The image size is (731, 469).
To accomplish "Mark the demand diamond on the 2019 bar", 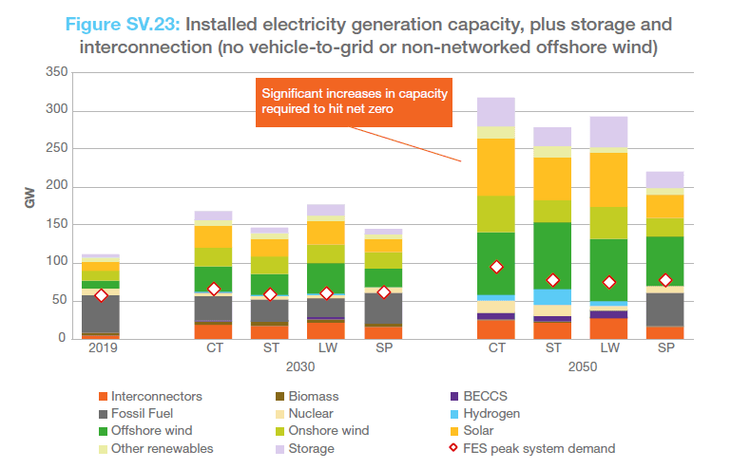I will [101, 295].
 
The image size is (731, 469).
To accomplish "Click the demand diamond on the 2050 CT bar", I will [496, 267].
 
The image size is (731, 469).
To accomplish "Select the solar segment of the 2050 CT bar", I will [496, 167].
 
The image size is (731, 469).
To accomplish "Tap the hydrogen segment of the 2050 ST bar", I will [552, 297].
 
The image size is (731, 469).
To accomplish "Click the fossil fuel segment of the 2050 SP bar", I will [664, 309].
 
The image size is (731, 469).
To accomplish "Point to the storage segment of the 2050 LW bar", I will [608, 131].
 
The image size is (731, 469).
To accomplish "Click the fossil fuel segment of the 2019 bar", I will [101, 313].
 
